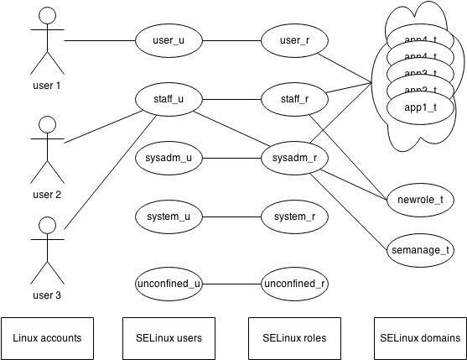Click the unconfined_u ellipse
[169, 284]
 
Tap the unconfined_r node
[294, 284]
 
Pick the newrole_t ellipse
[420, 200]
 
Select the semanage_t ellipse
[420, 249]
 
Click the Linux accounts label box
[48, 338]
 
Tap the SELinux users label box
[169, 338]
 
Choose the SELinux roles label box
[294, 338]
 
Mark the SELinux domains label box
[420, 338]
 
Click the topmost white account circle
[48, 15]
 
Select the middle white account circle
[48, 124]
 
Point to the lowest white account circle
[48, 225]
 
